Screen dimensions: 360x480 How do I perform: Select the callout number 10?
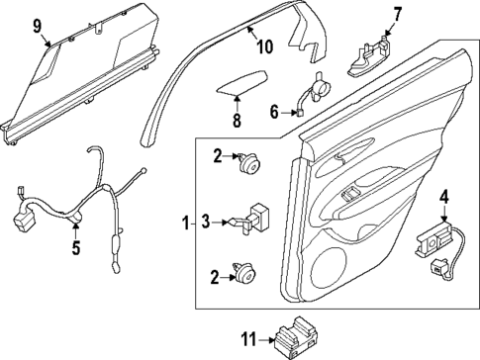click(263, 46)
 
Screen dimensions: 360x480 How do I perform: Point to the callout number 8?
click(235, 121)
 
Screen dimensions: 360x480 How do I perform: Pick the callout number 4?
click(444, 195)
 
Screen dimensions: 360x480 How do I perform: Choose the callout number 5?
click(75, 248)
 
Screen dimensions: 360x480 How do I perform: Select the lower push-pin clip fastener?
click(243, 274)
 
